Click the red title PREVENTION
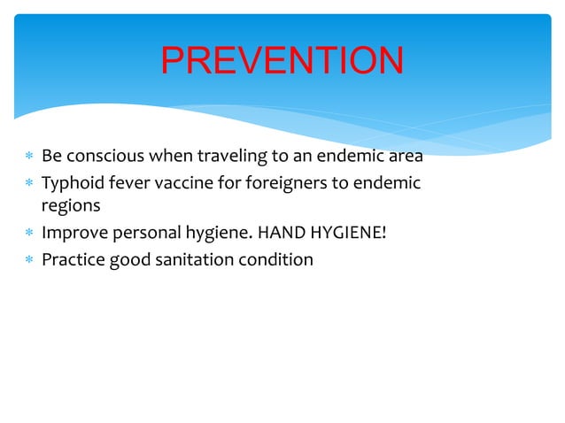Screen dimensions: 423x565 (282, 60)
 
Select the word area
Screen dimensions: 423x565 (404, 157)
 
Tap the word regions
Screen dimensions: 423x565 (70, 206)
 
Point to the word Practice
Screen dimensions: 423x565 (74, 259)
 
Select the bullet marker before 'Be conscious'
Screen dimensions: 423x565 (28, 158)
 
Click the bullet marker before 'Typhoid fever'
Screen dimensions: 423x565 (28, 184)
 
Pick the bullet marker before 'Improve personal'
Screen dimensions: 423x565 (28, 234)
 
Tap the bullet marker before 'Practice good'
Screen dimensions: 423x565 (28, 260)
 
